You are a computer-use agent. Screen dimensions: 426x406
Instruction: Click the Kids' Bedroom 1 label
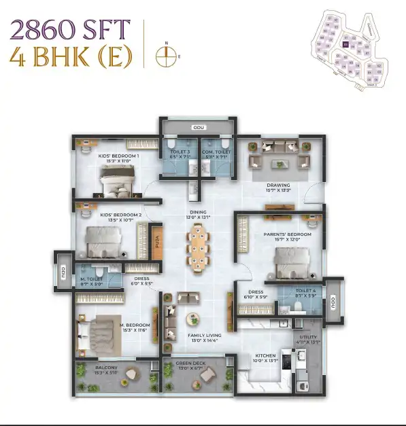click(x=119, y=156)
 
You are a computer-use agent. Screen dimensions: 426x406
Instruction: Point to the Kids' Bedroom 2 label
click(x=120, y=215)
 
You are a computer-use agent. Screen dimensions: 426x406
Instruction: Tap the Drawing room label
click(x=277, y=185)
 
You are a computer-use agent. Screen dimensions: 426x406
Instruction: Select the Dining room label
click(x=198, y=213)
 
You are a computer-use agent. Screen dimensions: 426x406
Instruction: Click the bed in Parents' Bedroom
click(x=292, y=263)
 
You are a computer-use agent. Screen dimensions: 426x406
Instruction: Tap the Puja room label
click(x=155, y=243)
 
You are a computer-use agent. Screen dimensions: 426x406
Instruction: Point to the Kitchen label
click(x=265, y=355)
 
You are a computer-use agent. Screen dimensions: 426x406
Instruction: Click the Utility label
click(x=309, y=337)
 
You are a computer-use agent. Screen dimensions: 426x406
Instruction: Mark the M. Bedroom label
click(x=134, y=325)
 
